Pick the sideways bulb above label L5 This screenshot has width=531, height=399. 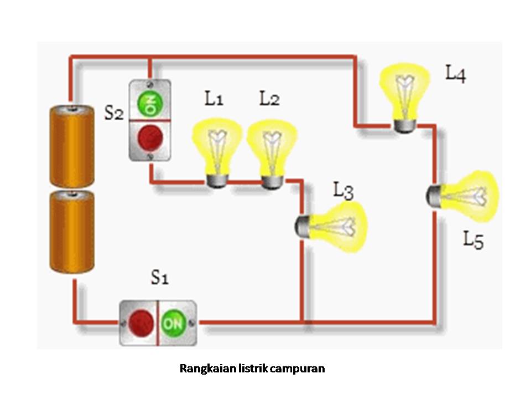pos(464,196)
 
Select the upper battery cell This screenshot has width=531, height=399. pos(70,145)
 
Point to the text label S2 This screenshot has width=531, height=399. pos(114,113)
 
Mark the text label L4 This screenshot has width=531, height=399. pos(456,74)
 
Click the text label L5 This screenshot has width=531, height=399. pos(473,240)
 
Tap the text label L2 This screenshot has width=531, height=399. pos(269,99)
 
